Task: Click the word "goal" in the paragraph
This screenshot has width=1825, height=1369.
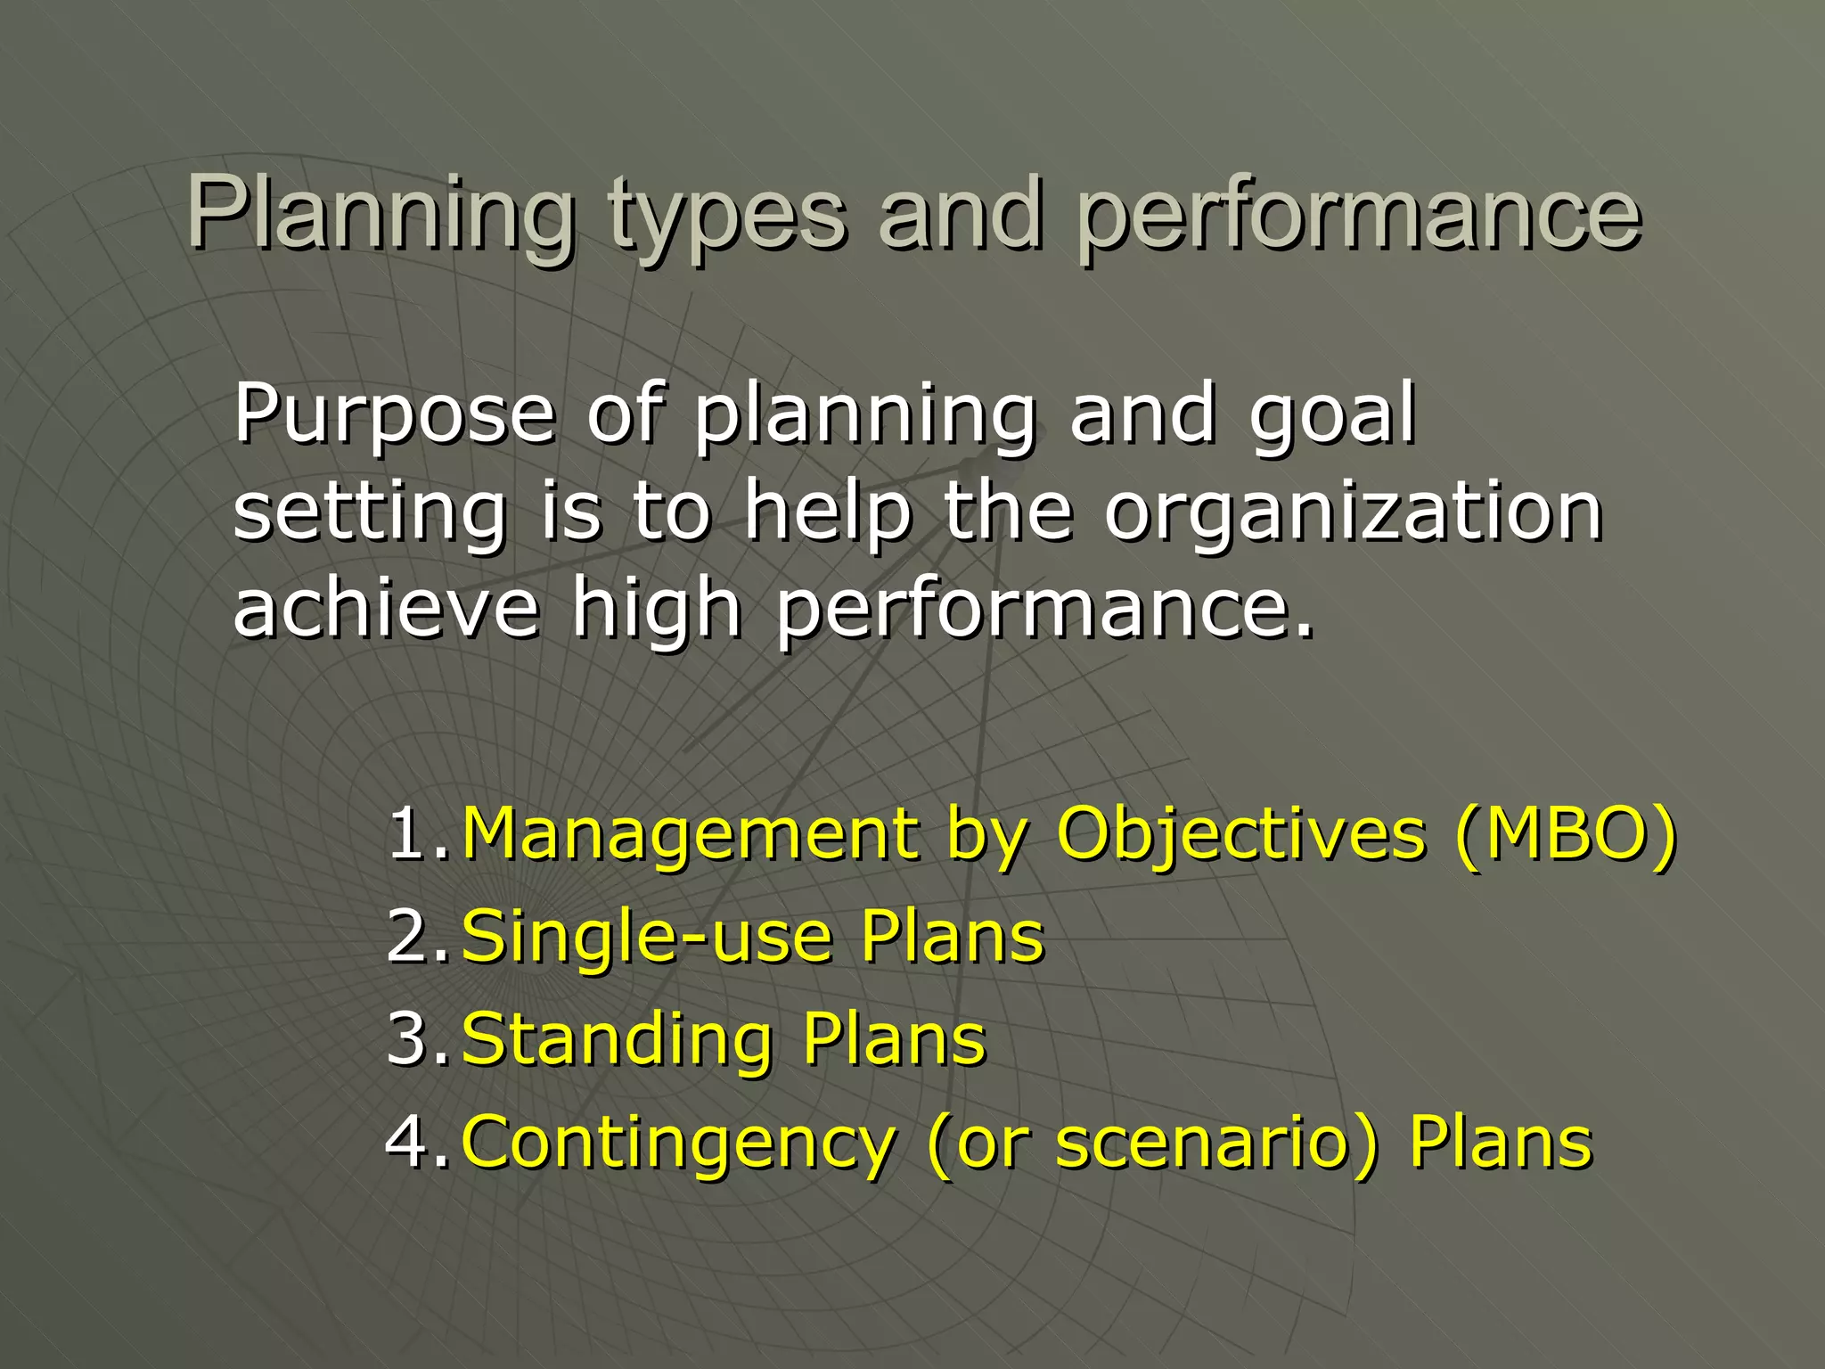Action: coord(1332,414)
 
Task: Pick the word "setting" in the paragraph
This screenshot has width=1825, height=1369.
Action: coord(370,512)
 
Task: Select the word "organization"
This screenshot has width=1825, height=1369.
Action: coord(1354,512)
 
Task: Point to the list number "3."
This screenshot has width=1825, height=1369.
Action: coord(417,1039)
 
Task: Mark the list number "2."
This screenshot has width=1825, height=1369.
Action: coord(417,937)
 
